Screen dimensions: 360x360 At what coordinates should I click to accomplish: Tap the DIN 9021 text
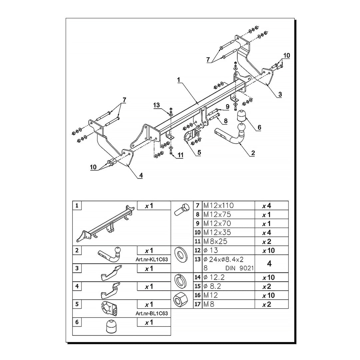point(240,268)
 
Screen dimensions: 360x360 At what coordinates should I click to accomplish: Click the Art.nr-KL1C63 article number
point(152,259)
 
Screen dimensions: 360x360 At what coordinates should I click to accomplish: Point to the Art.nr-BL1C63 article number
point(152,313)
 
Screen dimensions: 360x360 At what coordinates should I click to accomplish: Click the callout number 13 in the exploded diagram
point(157,105)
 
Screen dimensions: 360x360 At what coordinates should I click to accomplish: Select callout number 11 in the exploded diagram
point(180,155)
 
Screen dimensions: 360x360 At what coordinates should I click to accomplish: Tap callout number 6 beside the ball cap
point(259,127)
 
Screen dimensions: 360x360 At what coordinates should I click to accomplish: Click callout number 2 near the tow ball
point(253,153)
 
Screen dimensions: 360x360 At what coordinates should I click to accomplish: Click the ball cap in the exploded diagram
point(242,117)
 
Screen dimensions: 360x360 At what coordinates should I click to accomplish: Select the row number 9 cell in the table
point(198,223)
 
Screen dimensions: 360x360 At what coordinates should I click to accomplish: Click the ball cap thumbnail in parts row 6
point(111,327)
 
